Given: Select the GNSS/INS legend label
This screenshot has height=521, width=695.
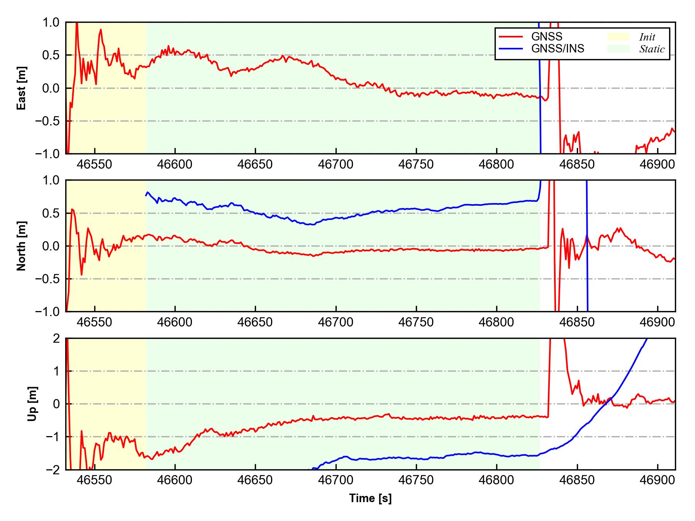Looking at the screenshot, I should [x=558, y=49].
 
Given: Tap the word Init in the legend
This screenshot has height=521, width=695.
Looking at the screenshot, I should [x=647, y=37].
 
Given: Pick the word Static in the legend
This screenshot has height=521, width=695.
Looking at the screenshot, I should [x=652, y=49].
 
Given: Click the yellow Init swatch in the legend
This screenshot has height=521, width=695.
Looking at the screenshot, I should [x=618, y=37].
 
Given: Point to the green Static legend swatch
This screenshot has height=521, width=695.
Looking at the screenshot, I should [x=618, y=49].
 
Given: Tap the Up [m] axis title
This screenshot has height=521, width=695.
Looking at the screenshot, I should [x=32, y=404].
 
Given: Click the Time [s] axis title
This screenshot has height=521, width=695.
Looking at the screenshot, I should [x=370, y=498].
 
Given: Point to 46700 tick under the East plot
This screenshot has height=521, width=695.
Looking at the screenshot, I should [x=336, y=165].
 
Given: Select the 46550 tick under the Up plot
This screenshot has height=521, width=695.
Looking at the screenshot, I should [x=94, y=480].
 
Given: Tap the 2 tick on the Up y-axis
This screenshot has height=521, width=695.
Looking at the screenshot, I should [x=57, y=338].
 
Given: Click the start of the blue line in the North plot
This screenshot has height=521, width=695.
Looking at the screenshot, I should [x=146, y=195].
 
